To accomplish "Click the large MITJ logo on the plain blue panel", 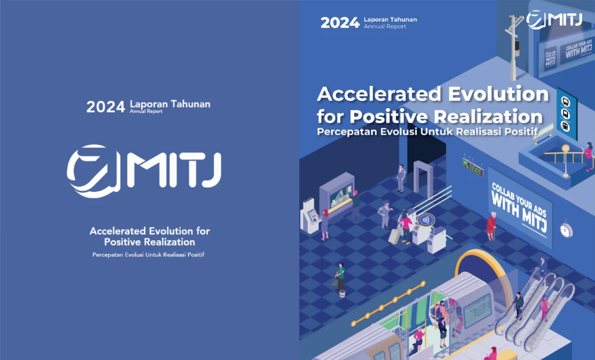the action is [144, 171].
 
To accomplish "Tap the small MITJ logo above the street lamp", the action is [554, 20].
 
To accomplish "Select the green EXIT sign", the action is [473, 168].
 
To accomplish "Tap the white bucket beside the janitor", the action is [342, 294].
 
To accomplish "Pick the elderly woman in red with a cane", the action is [491, 227].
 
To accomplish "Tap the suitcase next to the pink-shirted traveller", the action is [394, 236].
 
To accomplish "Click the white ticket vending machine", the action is [310, 216].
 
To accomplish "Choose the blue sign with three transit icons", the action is [566, 114].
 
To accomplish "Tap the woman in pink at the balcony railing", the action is [588, 155].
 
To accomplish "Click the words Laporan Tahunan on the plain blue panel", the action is [170, 104].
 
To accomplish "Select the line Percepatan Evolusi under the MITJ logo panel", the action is [148, 255].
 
